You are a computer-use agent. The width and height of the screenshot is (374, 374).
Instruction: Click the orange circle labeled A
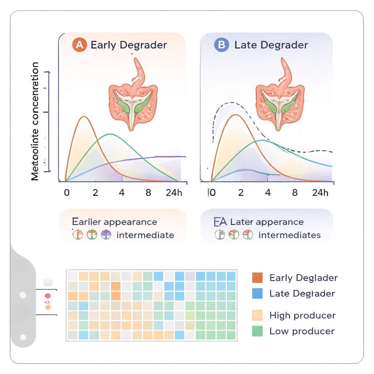(79, 45)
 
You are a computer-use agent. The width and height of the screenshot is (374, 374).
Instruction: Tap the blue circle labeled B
(221, 45)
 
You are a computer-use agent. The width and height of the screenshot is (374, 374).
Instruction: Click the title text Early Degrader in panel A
(129, 45)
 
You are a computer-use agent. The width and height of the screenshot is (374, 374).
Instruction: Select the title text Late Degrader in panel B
(271, 45)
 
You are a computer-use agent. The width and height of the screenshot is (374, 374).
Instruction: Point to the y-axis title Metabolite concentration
(35, 121)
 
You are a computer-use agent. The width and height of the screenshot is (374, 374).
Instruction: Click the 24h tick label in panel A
(174, 192)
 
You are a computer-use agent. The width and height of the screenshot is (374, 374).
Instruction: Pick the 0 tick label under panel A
(66, 192)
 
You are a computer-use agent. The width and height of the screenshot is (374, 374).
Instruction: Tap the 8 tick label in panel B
(295, 192)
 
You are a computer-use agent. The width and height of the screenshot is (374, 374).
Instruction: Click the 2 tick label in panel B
(241, 192)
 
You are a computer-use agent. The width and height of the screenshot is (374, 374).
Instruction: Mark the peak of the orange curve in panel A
(84, 117)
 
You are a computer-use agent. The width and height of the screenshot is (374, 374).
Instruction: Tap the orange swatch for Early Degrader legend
(257, 278)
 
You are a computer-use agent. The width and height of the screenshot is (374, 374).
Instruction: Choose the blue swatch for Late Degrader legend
(257, 293)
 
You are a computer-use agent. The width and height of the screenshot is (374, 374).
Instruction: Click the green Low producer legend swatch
(257, 331)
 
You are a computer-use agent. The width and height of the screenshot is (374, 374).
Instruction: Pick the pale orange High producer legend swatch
(257, 315)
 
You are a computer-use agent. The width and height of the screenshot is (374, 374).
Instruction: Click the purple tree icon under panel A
(106, 235)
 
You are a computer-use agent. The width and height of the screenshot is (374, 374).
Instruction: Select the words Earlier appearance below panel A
(115, 222)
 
